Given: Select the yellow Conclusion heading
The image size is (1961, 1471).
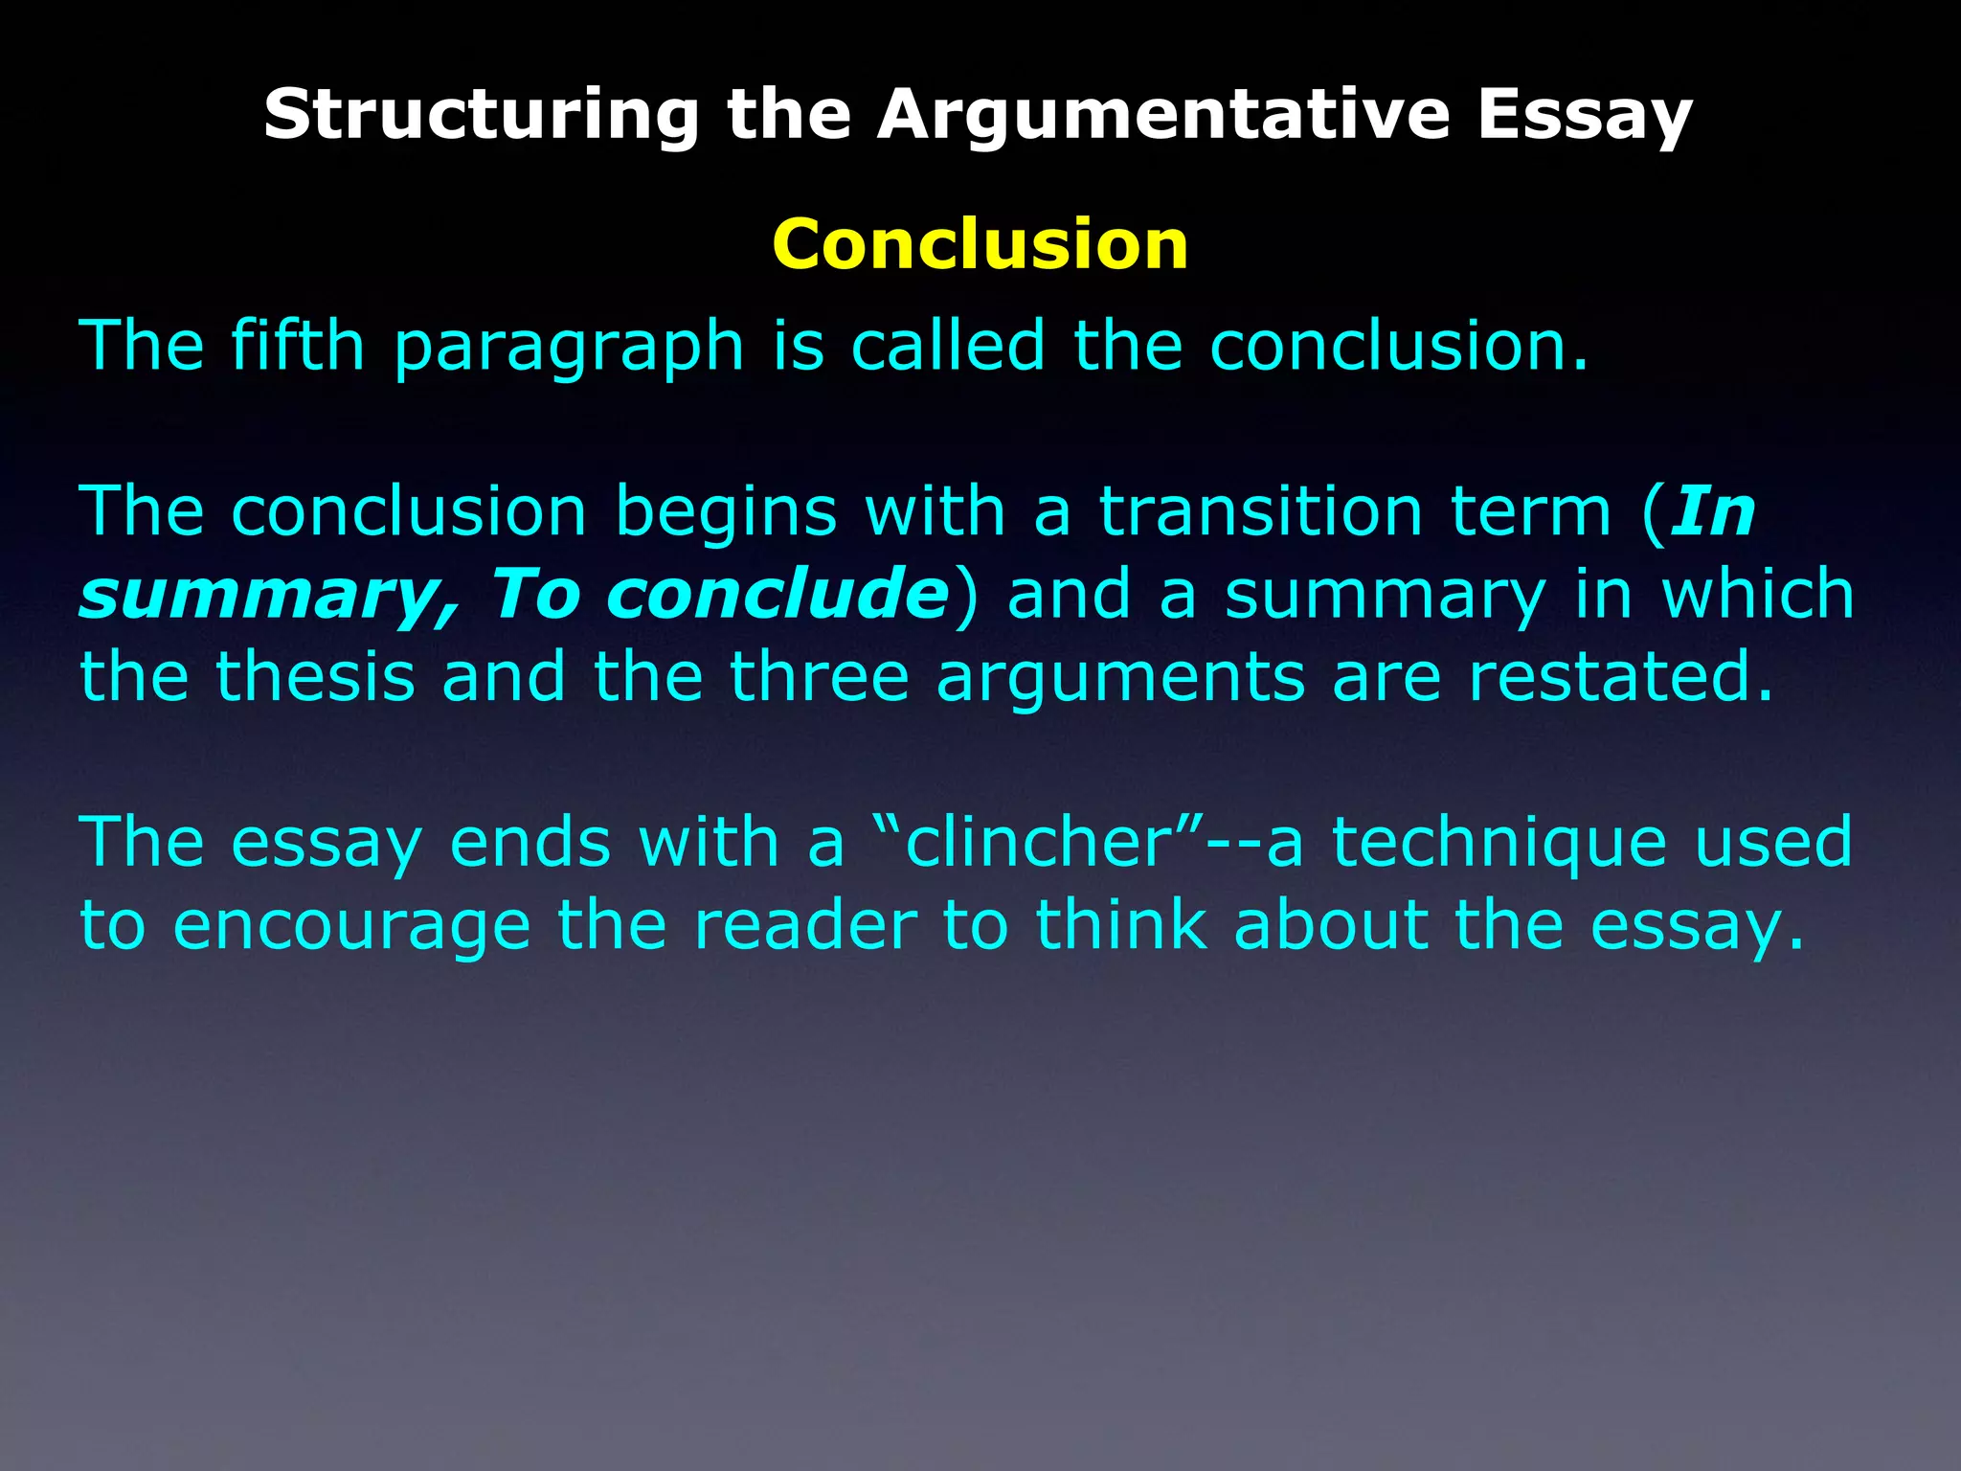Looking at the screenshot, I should (980, 244).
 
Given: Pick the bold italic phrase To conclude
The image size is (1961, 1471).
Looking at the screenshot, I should (719, 594).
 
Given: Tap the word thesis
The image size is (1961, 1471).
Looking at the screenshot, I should (316, 676).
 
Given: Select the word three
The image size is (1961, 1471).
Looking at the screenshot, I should (820, 676).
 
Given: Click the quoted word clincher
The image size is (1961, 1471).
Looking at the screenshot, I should (1040, 842).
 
